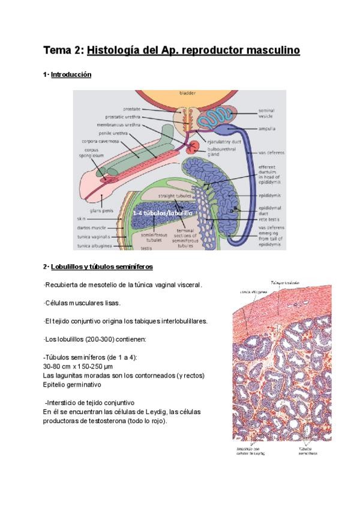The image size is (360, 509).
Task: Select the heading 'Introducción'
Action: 71,75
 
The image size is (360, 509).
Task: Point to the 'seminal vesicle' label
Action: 266,113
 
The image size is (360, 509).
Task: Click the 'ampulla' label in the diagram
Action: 267,128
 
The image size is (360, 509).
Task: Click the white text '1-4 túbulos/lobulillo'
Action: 164,212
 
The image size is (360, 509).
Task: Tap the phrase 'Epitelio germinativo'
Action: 72,384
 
